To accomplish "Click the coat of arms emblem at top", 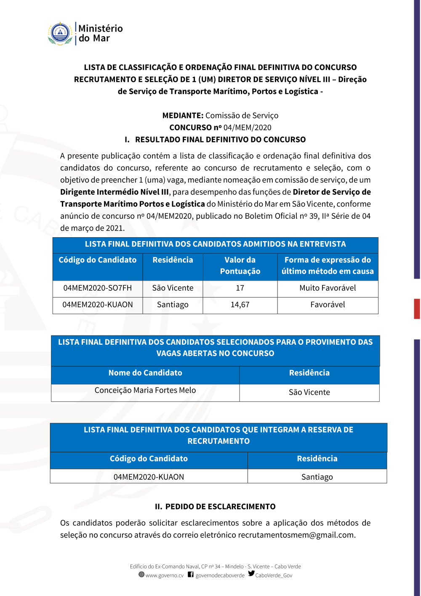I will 60,33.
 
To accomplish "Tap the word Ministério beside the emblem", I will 101,29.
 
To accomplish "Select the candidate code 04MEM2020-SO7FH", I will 97,288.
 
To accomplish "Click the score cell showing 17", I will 240,288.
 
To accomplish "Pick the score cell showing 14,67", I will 240,304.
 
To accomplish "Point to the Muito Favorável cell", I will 328,288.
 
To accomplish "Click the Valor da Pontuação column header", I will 240,266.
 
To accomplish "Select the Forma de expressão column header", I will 328,266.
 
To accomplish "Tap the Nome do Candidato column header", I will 145,373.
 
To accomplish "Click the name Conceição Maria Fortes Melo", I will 145,390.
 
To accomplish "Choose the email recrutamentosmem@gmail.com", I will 296,535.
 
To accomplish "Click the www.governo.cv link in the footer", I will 164,575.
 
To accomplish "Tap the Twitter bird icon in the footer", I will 251,574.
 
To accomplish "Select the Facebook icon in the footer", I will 191,575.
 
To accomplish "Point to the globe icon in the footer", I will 141,575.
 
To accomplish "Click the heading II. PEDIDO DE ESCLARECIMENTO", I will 215,507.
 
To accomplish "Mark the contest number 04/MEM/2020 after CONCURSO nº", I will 247,127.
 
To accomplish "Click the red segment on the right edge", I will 417,309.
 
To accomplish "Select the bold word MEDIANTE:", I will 183,115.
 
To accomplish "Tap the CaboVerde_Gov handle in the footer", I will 274,575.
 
